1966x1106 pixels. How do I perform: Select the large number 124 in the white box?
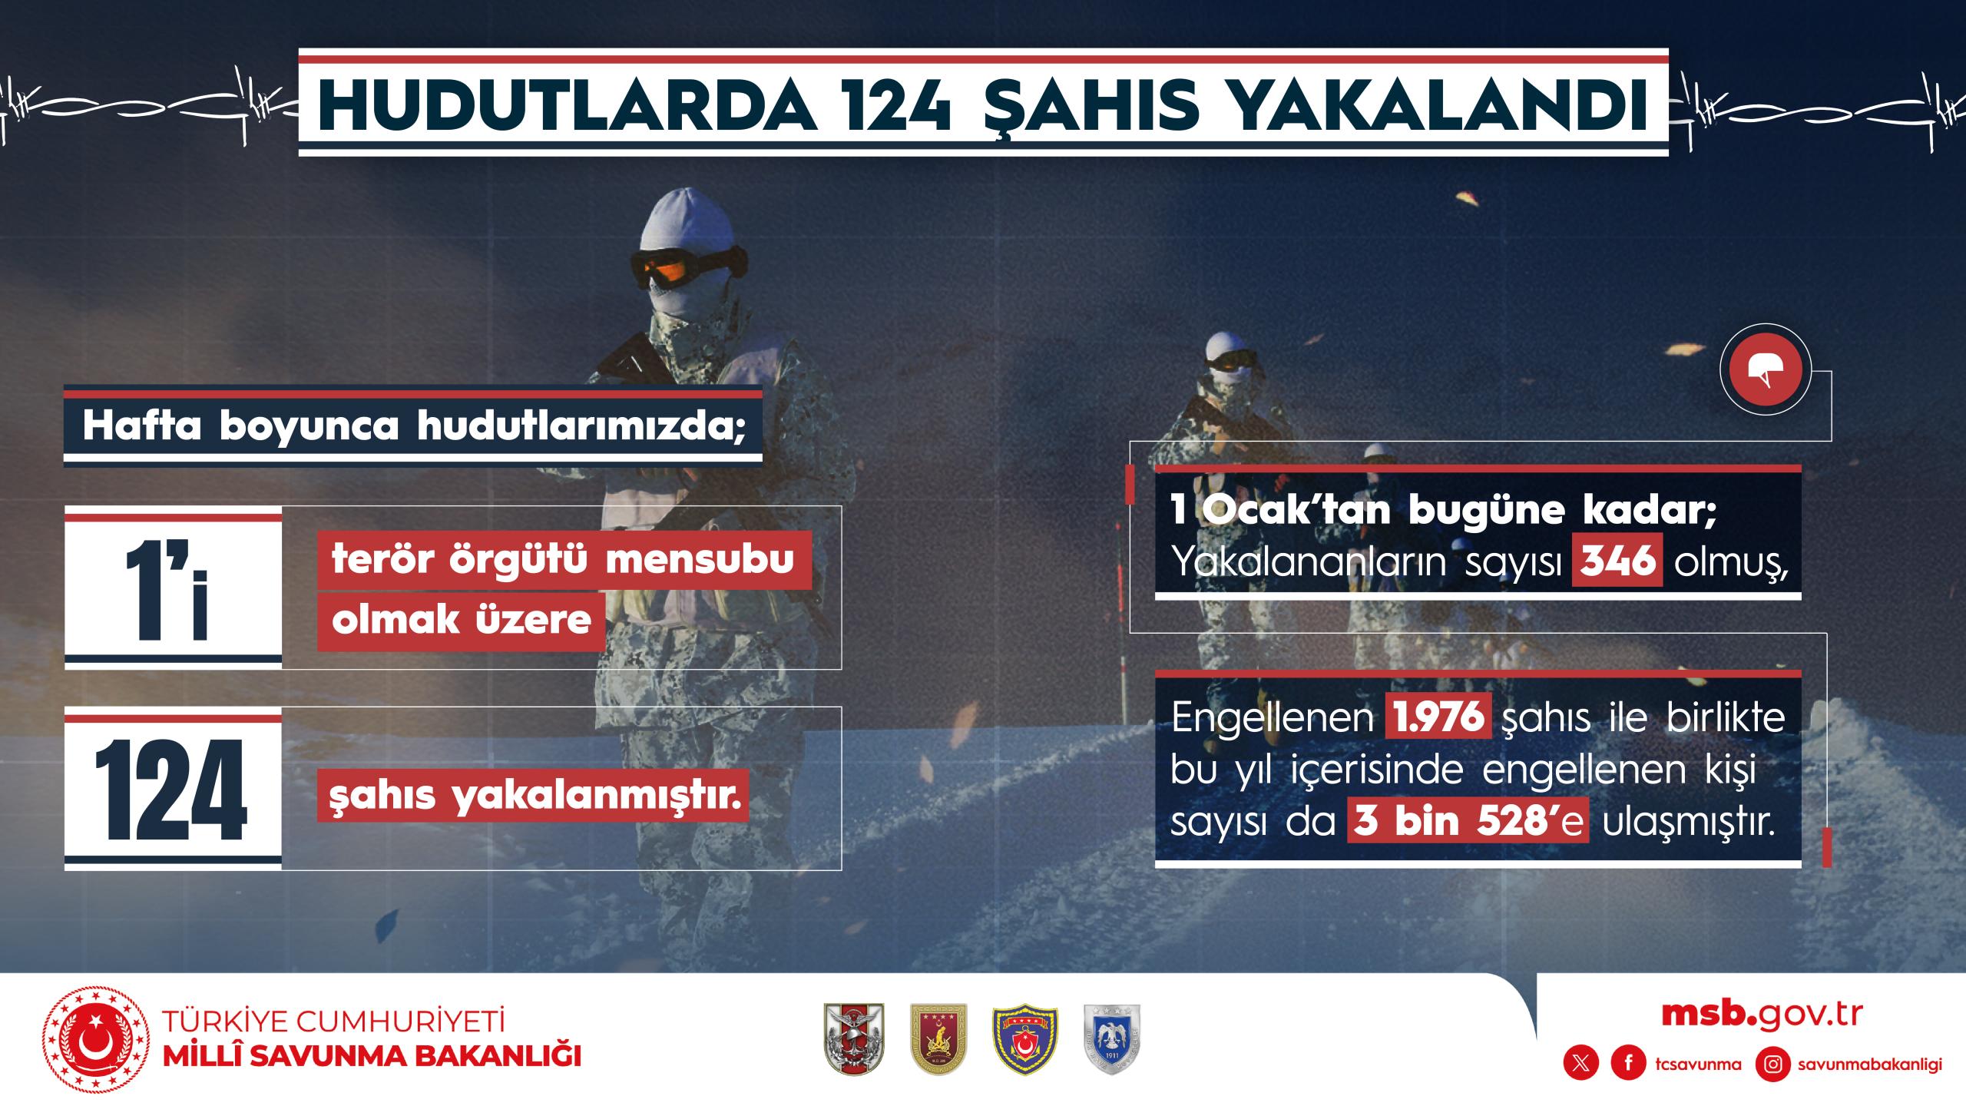[x=171, y=790]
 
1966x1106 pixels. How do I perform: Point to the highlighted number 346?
[x=1617, y=561]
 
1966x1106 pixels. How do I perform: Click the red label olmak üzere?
[x=462, y=621]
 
